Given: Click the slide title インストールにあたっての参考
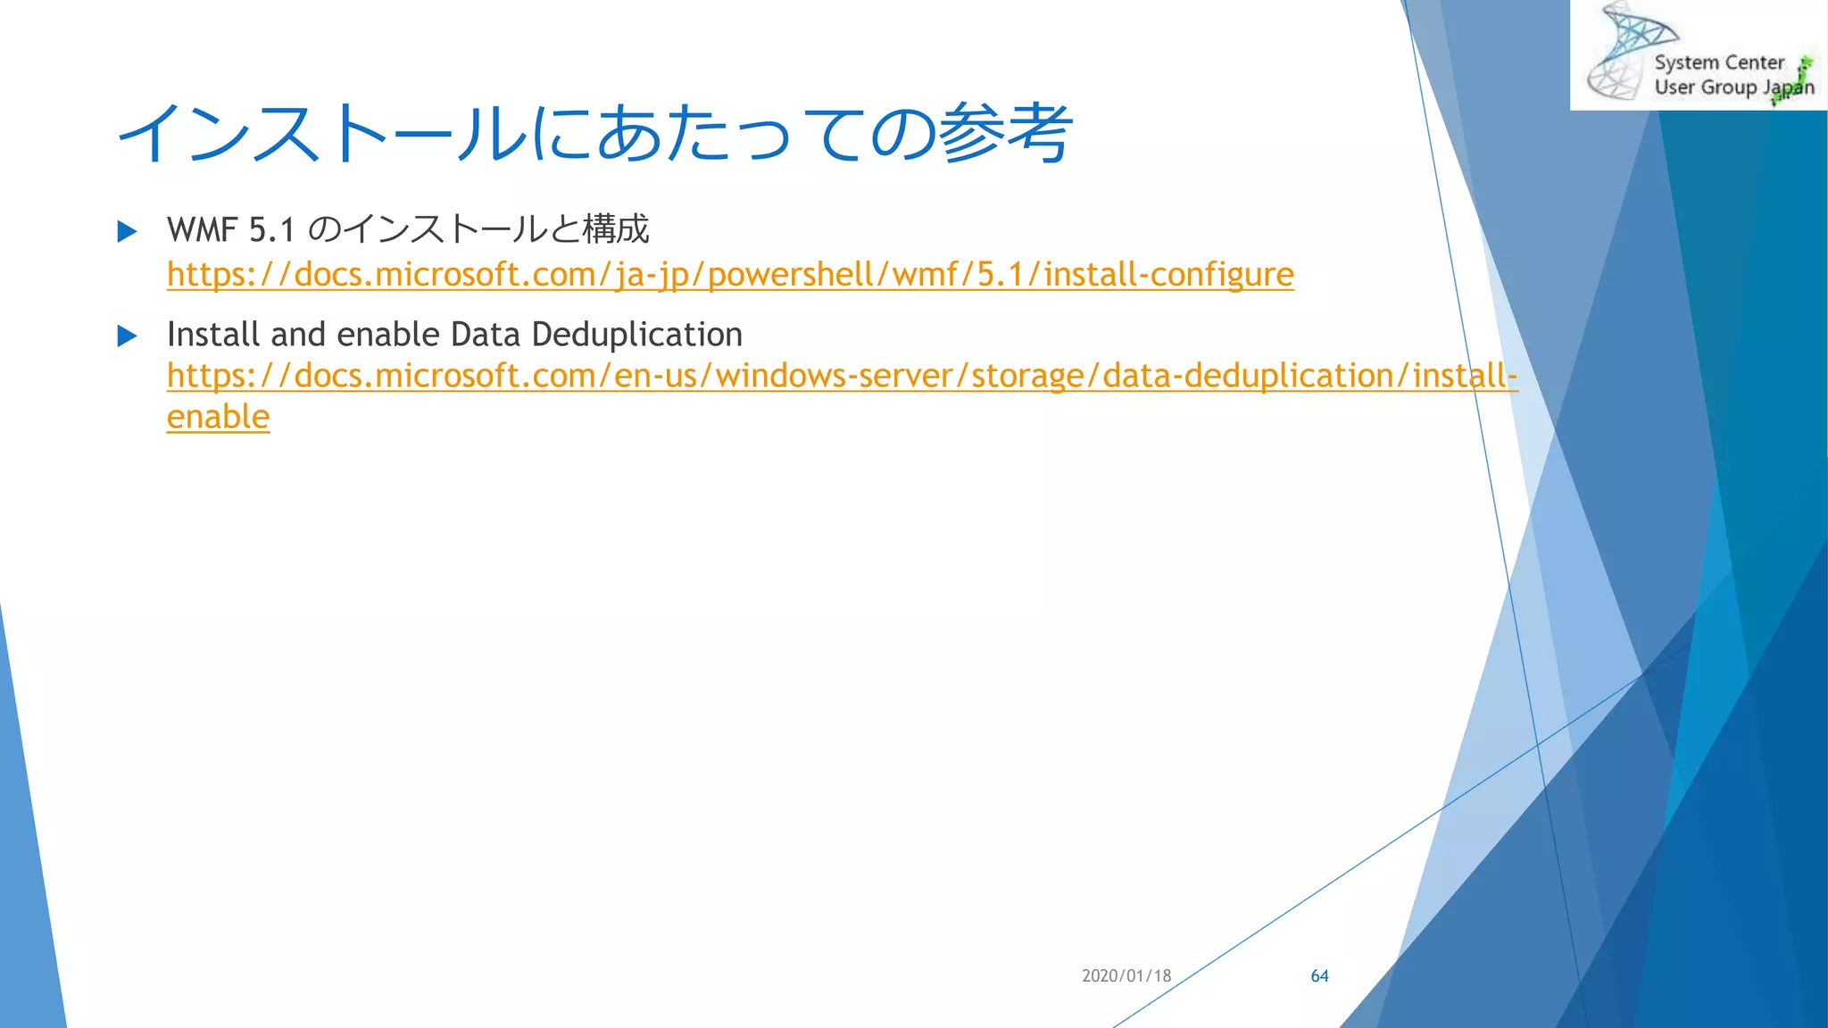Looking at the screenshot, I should (594, 134).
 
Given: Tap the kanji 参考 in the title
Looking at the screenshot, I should (1006, 134).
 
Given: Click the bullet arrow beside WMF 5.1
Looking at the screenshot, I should (128, 232).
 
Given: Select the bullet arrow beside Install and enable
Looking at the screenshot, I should (128, 336).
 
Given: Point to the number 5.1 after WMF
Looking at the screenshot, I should (272, 230).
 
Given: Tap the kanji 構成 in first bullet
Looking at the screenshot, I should (616, 229).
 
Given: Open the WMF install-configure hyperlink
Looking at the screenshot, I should (730, 274).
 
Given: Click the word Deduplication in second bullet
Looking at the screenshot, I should (636, 335).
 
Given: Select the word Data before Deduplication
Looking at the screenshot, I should (486, 335).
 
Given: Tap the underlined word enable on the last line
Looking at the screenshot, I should (218, 417).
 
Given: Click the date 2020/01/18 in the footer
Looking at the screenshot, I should (1126, 975).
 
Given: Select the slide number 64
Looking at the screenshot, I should (1319, 975).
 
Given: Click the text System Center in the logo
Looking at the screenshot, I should (1718, 62).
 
